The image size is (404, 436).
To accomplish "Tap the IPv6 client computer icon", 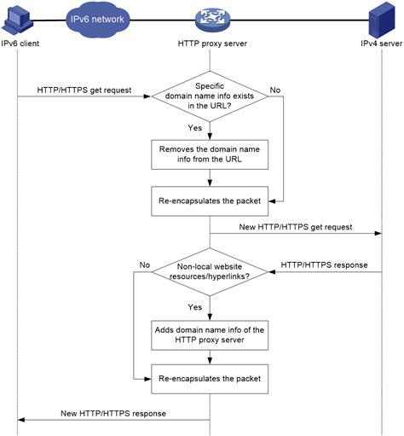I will tap(18, 19).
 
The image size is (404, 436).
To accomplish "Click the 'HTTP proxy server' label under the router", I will tap(210, 43).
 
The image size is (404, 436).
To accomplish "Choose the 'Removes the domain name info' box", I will tap(210, 154).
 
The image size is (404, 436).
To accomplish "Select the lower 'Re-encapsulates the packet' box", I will tap(210, 375).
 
